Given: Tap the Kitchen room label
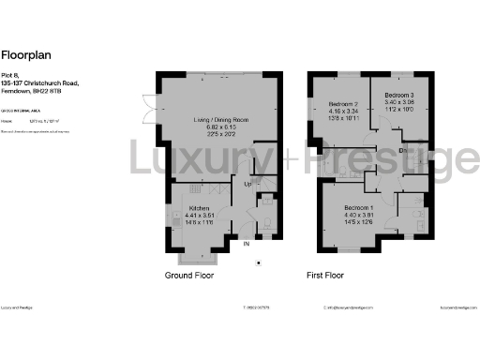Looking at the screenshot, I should pyautogui.click(x=198, y=208).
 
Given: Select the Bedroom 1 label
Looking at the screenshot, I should pyautogui.click(x=358, y=207).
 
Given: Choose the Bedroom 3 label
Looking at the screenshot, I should pyautogui.click(x=399, y=96).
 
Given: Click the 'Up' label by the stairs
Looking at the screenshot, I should pyautogui.click(x=248, y=185).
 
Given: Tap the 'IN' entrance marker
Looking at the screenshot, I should pyautogui.click(x=247, y=245).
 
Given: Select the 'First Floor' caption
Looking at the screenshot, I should pyautogui.click(x=328, y=276).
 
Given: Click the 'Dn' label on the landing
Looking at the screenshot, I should pyautogui.click(x=401, y=149).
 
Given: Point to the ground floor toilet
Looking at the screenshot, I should pyautogui.click(x=265, y=223).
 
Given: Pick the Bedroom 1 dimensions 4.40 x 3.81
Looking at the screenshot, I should pyautogui.click(x=358, y=215).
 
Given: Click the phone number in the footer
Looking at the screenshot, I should pyautogui.click(x=258, y=307).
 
